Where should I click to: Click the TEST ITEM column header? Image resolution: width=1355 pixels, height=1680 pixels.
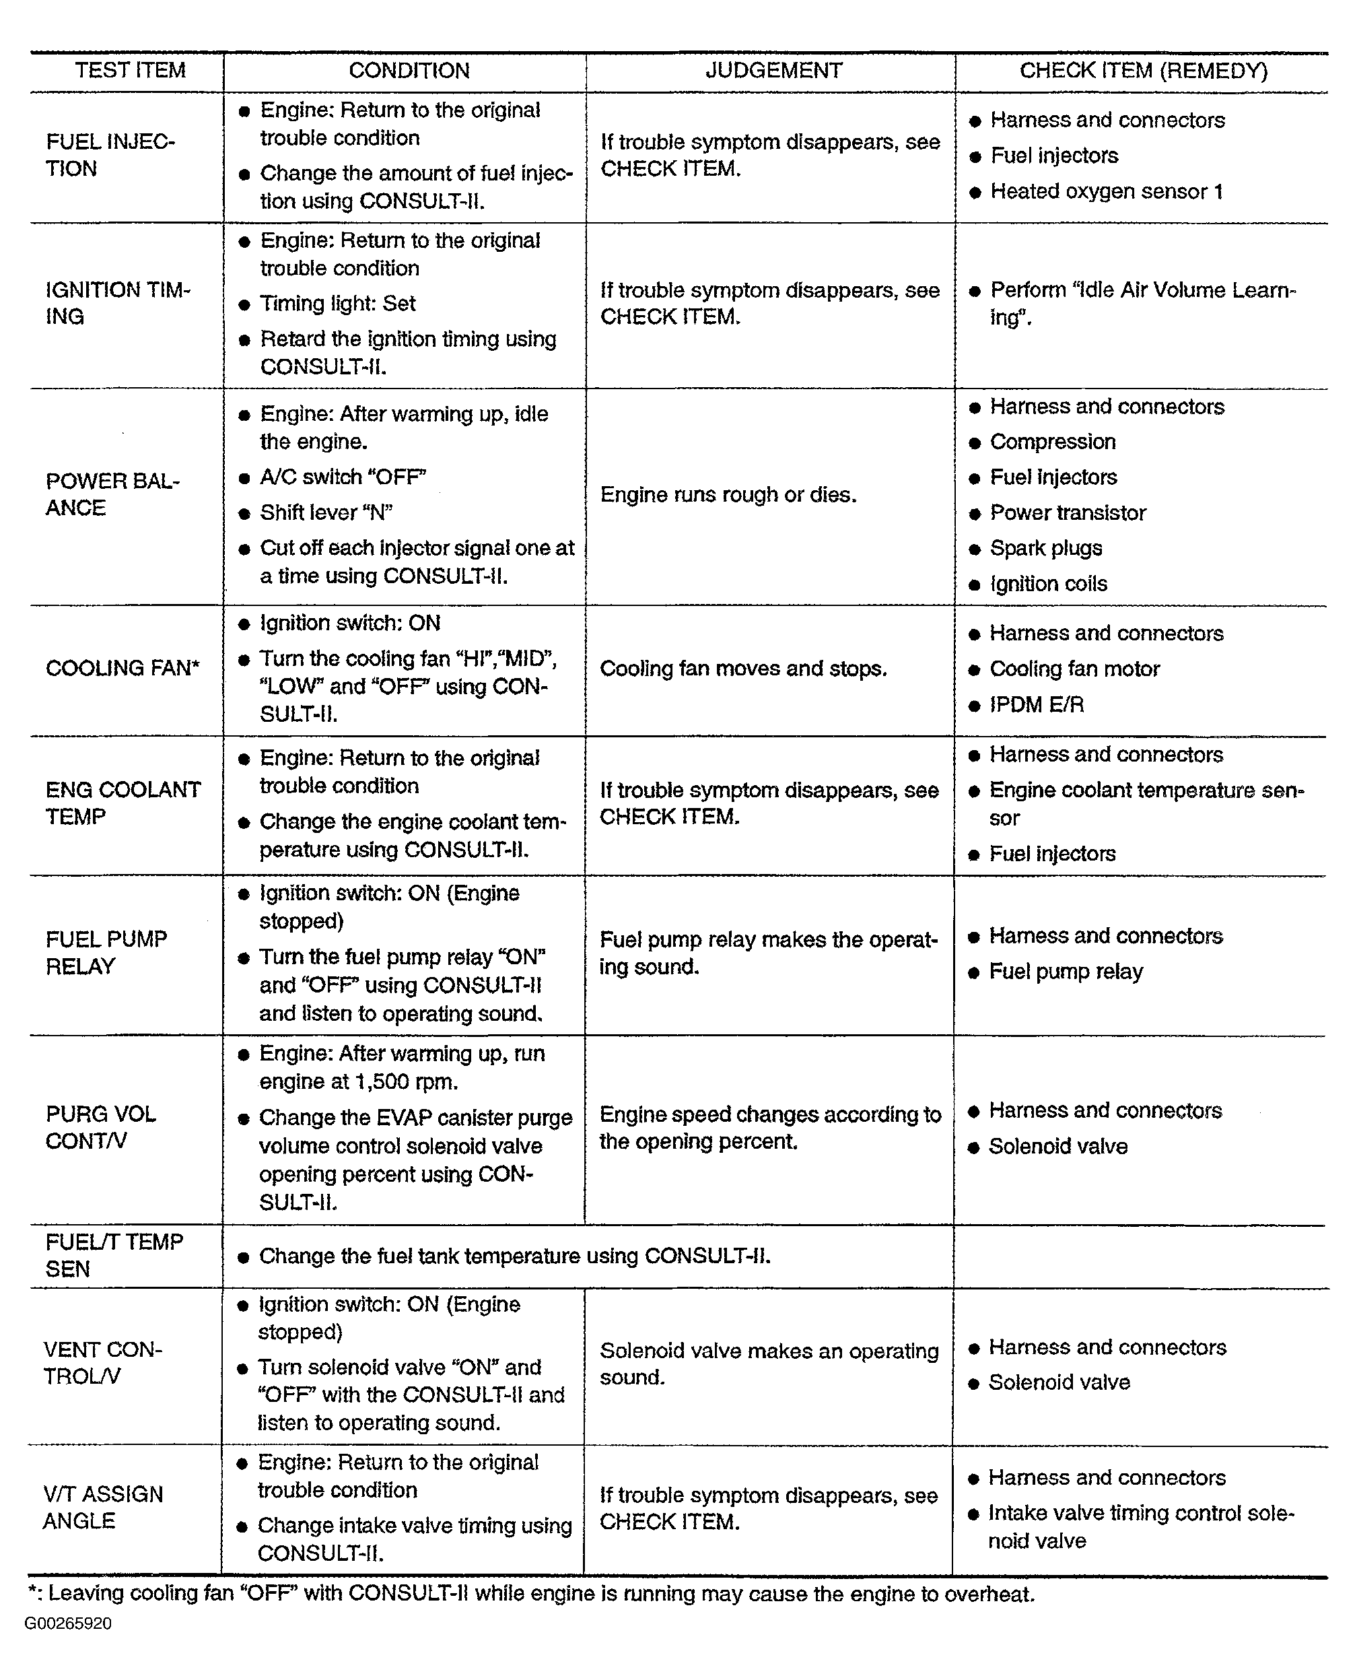[x=131, y=71]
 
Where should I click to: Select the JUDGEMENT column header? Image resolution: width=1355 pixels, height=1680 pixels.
[x=773, y=71]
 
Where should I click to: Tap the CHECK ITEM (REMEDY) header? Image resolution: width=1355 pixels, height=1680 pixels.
[x=1143, y=71]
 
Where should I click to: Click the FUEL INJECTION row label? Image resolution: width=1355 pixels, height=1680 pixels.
[x=110, y=156]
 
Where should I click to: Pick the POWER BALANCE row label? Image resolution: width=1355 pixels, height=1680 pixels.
[x=112, y=494]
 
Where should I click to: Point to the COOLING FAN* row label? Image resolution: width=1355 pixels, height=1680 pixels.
[x=123, y=668]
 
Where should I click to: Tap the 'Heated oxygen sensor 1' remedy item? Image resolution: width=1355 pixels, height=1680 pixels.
[x=1106, y=191]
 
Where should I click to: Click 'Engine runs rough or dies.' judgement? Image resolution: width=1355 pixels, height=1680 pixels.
[x=728, y=495]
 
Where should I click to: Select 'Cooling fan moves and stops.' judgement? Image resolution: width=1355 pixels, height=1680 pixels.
[x=743, y=669]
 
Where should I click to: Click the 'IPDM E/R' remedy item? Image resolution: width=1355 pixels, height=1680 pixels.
[x=1037, y=705]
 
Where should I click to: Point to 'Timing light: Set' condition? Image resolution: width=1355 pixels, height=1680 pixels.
[x=337, y=304]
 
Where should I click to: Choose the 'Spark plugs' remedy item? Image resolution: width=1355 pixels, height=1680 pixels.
[x=1046, y=548]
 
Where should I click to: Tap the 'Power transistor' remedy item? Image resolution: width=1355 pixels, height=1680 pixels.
[x=1068, y=513]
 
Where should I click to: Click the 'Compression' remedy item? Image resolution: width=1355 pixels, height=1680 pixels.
[x=1052, y=442]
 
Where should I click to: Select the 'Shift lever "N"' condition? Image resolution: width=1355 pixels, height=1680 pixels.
[x=326, y=513]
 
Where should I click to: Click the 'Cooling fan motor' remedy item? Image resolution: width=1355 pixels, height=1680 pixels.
[x=1074, y=669]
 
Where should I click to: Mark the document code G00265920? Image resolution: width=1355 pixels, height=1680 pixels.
[x=68, y=1624]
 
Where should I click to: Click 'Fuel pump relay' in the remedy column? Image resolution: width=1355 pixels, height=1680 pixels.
[x=1066, y=972]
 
